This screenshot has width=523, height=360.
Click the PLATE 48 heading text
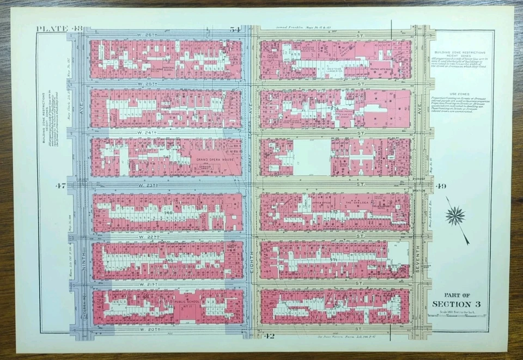[x=59, y=29]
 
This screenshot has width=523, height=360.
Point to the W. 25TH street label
[x=148, y=84]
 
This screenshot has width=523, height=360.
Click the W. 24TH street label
[x=148, y=132]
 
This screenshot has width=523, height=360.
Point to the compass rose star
[x=455, y=217]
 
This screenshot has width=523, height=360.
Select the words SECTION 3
[x=455, y=304]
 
